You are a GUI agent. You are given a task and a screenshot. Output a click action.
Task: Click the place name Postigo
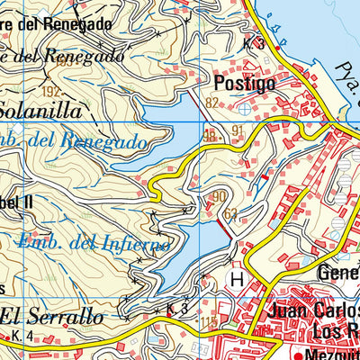245,84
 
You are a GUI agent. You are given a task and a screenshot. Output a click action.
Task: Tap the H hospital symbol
238,280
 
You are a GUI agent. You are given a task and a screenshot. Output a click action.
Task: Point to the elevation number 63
232,213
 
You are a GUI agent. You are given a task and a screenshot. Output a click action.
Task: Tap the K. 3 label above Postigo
253,43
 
